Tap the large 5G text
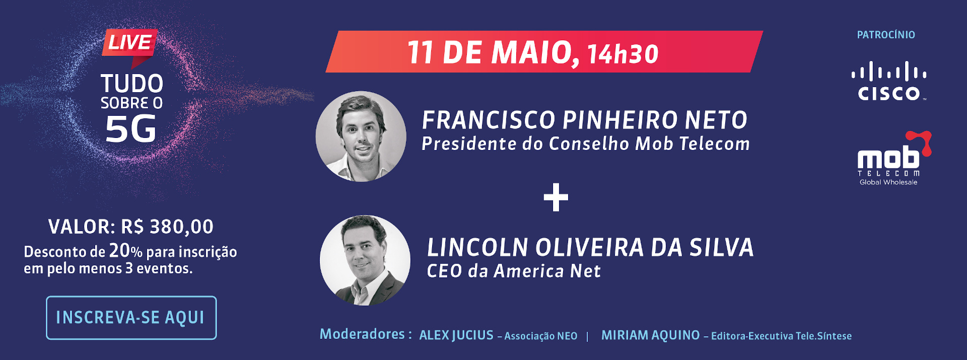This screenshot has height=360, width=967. click(131, 129)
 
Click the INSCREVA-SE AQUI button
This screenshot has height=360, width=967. click(131, 318)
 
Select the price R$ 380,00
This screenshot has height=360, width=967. click(167, 227)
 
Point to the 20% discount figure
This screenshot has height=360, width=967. click(126, 251)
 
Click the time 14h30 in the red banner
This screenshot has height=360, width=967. click(623, 54)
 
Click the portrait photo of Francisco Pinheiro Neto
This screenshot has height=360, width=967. click(361, 136)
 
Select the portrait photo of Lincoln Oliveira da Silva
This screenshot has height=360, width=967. click(365, 260)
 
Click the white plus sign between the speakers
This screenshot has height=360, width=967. click(556, 197)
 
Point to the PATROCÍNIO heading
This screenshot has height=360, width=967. click(886, 35)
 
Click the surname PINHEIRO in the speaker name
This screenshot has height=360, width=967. click(620, 120)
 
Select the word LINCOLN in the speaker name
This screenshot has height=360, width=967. click(478, 248)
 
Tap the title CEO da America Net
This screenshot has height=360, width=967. click(514, 271)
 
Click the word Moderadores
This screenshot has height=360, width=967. click(363, 334)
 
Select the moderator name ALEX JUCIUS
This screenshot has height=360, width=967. click(456, 335)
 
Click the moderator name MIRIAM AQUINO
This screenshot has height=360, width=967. click(651, 335)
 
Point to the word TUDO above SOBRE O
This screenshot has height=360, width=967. click(132, 84)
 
